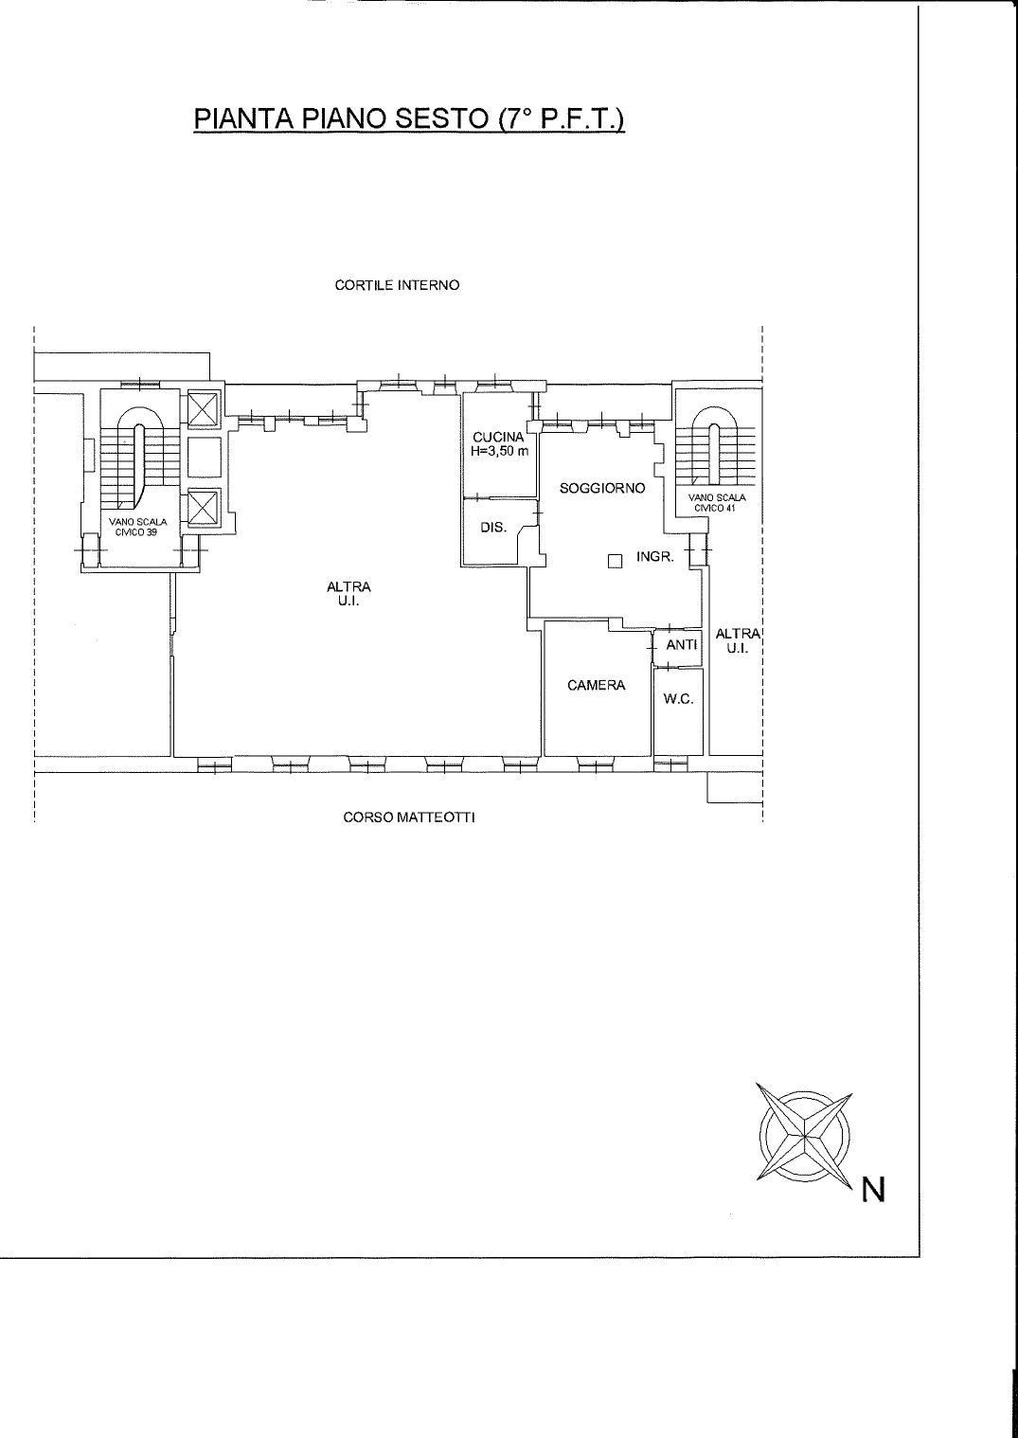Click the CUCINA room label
[x=498, y=438]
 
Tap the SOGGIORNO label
[x=602, y=489]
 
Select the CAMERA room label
[x=597, y=686]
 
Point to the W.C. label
[x=678, y=699]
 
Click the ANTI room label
[x=682, y=644]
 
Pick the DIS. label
[x=493, y=529]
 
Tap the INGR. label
[x=654, y=557]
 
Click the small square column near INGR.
[x=615, y=562]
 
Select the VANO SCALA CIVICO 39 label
[x=137, y=527]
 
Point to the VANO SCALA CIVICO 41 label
[x=717, y=503]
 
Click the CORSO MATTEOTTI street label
[x=409, y=818]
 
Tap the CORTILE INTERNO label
[x=398, y=285]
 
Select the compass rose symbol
[x=805, y=1135]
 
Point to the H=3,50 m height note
[x=500, y=451]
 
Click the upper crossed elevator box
[x=204, y=408]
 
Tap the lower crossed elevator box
[x=204, y=509]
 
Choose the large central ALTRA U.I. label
[x=348, y=593]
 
